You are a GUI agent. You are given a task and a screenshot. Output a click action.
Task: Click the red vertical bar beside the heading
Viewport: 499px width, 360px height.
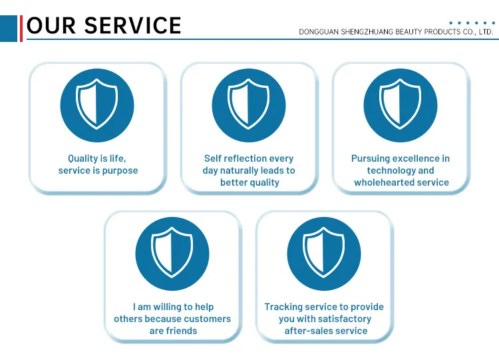pyautogui.click(x=21, y=27)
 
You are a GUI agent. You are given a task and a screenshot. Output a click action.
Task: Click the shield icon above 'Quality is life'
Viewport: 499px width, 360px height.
pyautogui.click(x=97, y=105)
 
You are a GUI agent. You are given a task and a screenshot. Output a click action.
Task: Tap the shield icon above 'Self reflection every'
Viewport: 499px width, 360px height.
pyautogui.click(x=249, y=105)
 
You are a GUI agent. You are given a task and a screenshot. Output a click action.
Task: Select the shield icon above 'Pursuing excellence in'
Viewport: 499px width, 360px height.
pyautogui.click(x=401, y=105)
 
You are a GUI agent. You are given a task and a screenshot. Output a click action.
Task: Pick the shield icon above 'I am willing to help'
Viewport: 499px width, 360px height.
pyautogui.click(x=172, y=254)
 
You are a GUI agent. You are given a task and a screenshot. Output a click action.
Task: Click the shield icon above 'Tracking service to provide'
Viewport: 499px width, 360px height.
pyautogui.click(x=324, y=254)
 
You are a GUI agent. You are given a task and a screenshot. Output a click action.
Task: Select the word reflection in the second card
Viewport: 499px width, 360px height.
pyautogui.click(x=249, y=158)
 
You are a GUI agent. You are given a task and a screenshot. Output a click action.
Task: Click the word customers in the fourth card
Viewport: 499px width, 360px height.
pyautogui.click(x=208, y=319)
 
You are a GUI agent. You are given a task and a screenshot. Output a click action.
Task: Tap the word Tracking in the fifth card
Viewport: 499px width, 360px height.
pyautogui.click(x=283, y=307)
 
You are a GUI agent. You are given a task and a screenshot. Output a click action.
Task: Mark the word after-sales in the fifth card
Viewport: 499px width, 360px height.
pyautogui.click(x=309, y=331)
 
